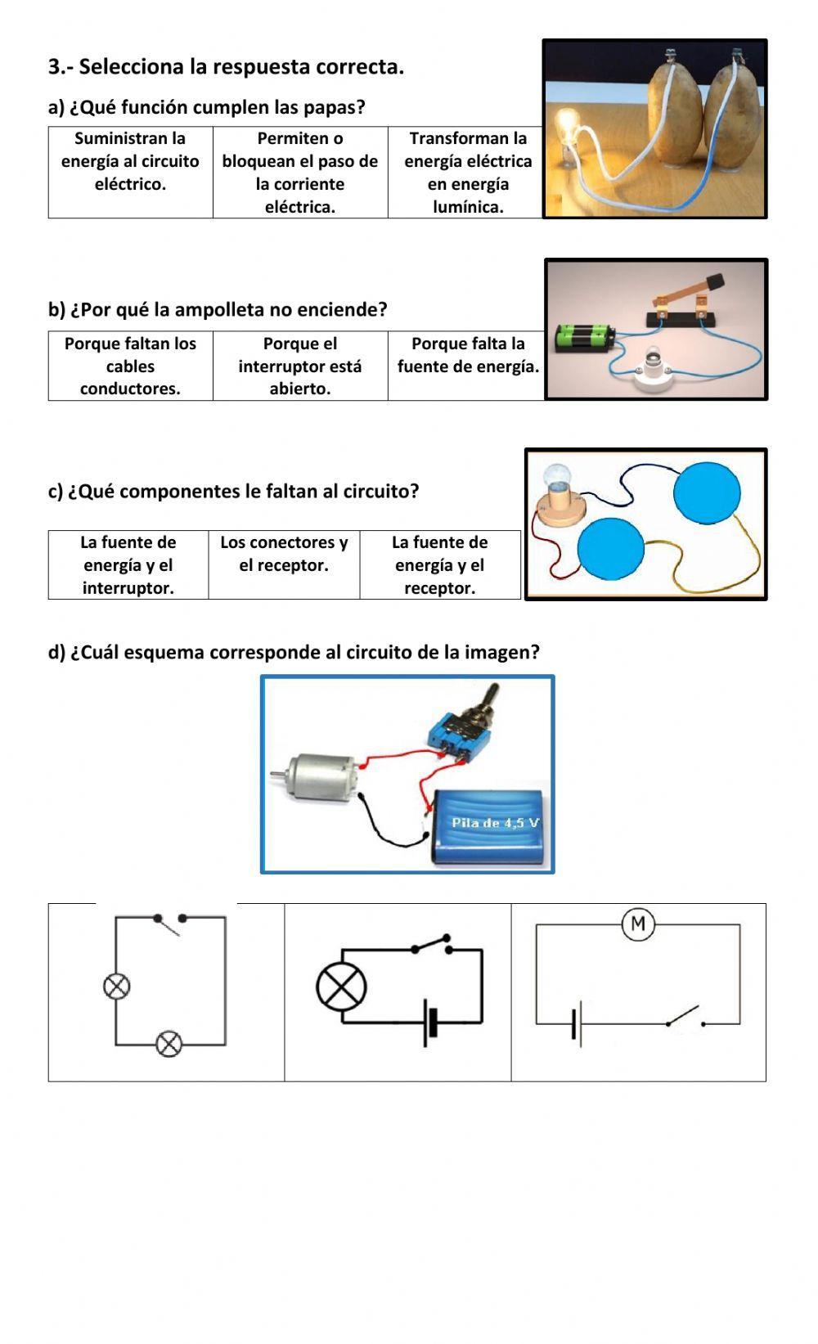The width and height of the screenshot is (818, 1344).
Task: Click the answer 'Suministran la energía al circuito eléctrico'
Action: [x=130, y=161]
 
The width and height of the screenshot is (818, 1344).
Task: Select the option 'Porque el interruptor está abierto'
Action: [x=299, y=366]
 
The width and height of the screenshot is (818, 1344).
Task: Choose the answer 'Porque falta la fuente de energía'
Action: [x=468, y=355]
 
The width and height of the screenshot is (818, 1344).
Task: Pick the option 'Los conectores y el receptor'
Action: [x=284, y=554]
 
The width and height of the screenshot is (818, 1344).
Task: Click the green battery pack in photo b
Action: [x=585, y=337]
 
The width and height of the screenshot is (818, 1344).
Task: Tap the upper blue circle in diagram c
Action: [x=707, y=492]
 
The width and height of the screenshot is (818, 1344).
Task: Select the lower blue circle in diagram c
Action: [x=610, y=549]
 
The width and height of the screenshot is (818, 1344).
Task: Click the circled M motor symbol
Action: [x=638, y=924]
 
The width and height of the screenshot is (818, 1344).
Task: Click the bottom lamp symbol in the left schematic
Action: [x=169, y=1045]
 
